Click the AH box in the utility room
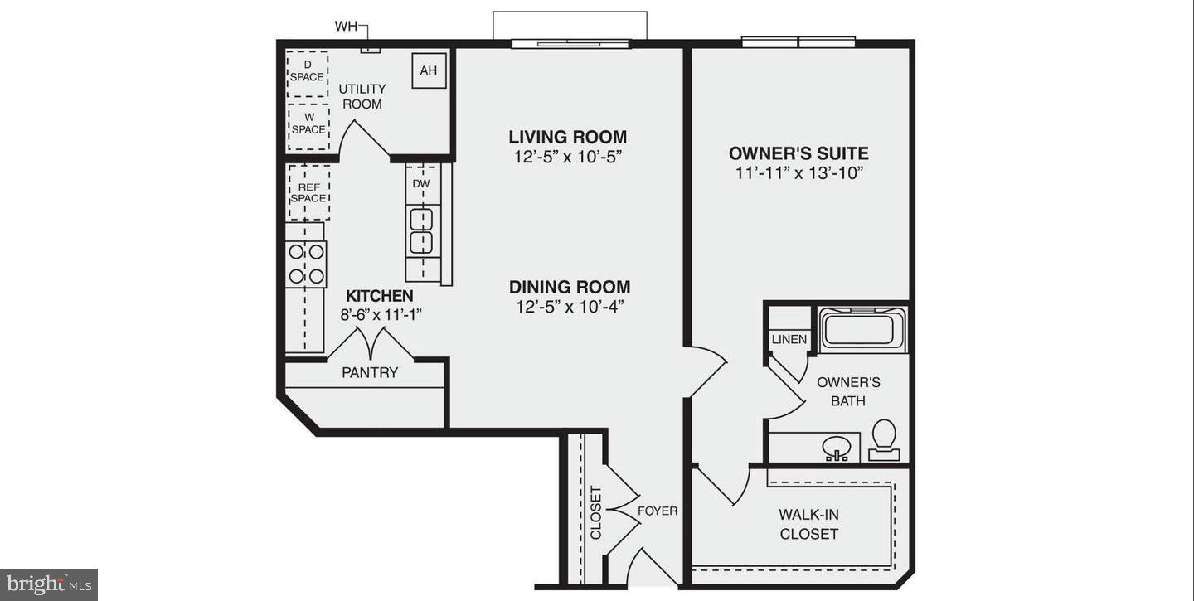pyautogui.click(x=429, y=70)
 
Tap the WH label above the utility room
pyautogui.click(x=346, y=27)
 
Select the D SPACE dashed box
pyautogui.click(x=307, y=72)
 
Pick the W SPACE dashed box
pyautogui.click(x=308, y=125)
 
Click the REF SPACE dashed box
pyautogui.click(x=308, y=192)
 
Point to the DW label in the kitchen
pyautogui.click(x=421, y=183)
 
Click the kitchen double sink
pyautogui.click(x=422, y=230)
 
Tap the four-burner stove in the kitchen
pyautogui.click(x=306, y=264)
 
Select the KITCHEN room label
pyautogui.click(x=379, y=296)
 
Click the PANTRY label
pyautogui.click(x=370, y=373)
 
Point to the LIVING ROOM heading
pyautogui.click(x=568, y=137)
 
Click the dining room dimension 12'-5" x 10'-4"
pyautogui.click(x=569, y=307)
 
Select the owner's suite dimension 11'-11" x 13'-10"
pyautogui.click(x=798, y=173)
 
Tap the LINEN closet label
pyautogui.click(x=789, y=339)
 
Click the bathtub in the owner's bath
pyautogui.click(x=862, y=330)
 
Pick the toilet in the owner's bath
pyautogui.click(x=885, y=439)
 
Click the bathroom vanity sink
pyautogui.click(x=837, y=448)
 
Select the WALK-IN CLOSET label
pyautogui.click(x=808, y=524)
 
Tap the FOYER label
pyautogui.click(x=658, y=511)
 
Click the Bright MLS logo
pyautogui.click(x=49, y=584)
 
